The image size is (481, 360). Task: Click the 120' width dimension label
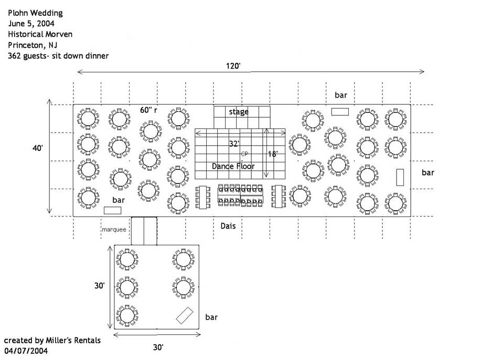(233, 66)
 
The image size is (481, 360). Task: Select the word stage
(239, 112)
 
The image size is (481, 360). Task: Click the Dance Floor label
(233, 166)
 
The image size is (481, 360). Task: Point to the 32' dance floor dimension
(234, 143)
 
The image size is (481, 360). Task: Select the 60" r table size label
(149, 110)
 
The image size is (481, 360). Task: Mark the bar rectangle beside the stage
(340, 111)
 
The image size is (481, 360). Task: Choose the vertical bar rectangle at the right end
(400, 177)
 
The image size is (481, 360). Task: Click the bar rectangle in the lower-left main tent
(113, 210)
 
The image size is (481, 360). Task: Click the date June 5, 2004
(31, 24)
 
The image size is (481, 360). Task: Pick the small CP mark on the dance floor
(244, 154)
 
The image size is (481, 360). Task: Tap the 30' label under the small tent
(158, 347)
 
